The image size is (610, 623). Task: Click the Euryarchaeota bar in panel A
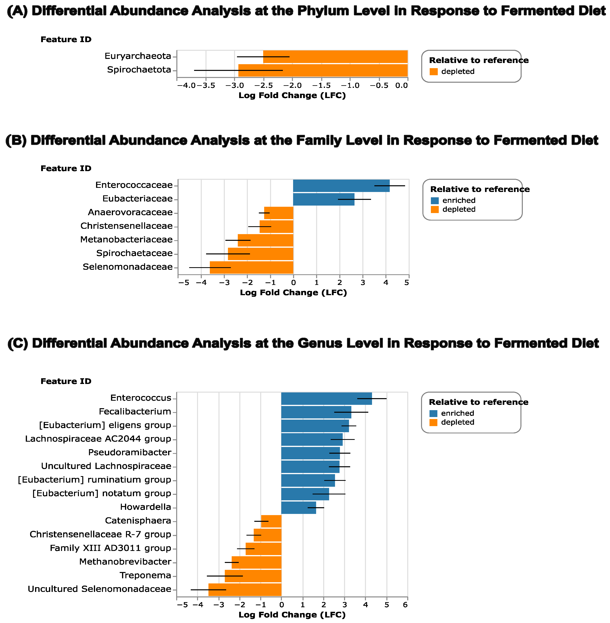[x=335, y=57]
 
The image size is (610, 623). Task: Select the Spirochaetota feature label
[x=139, y=70]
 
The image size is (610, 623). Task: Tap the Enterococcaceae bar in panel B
[x=341, y=186]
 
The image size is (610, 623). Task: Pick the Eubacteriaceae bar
[x=324, y=199]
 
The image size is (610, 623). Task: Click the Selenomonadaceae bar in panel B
[x=252, y=267]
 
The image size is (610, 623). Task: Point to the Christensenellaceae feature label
[x=127, y=226]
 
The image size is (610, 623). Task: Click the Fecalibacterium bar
[x=316, y=412]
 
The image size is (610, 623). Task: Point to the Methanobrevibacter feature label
[x=125, y=562]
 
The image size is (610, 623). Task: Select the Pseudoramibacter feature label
[x=130, y=452]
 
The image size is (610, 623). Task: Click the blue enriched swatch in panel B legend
[x=435, y=201]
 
